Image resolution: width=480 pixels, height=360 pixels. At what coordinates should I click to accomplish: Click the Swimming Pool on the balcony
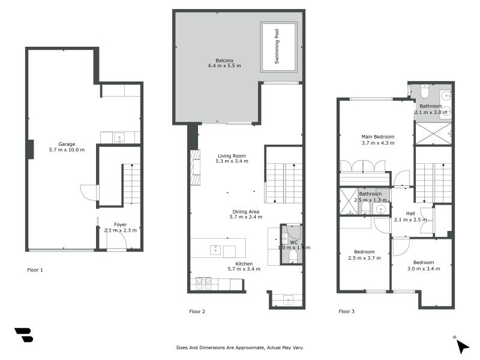coord(279,47)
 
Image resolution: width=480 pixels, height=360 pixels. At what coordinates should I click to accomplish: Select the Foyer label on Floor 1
coord(120,224)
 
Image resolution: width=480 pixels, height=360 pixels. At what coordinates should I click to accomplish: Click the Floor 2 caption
coord(197,311)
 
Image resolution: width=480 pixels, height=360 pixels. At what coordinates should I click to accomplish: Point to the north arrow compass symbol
coord(461,345)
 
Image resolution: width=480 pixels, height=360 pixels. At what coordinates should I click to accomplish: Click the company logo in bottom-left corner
coord(23,335)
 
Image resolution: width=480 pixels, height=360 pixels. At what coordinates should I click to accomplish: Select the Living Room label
coord(231,156)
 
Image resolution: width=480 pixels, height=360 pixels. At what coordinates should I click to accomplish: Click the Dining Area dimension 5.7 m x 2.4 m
coord(246,217)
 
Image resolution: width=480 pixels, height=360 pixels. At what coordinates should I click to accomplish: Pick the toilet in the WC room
coord(293,256)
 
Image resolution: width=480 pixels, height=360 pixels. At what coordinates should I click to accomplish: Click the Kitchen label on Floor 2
coord(244,263)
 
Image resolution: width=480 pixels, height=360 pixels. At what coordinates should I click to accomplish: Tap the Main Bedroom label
coord(377,136)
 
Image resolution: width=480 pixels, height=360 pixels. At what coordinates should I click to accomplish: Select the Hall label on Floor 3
coord(410,213)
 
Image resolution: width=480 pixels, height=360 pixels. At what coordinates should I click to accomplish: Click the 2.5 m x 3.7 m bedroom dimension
coord(364,258)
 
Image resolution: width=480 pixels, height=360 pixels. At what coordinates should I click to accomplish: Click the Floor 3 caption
coord(346,311)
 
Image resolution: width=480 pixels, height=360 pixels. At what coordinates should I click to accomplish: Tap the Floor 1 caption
coord(35,270)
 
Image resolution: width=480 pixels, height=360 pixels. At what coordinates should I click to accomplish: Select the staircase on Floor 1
coord(131,185)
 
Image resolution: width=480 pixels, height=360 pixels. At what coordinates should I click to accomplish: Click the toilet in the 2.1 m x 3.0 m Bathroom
coord(425,92)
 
